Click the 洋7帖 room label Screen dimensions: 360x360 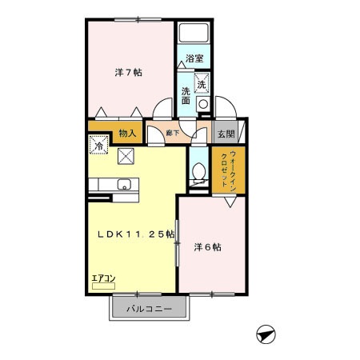click(128, 73)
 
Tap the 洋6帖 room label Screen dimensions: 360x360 click(206, 247)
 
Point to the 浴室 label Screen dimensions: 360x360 click(194, 58)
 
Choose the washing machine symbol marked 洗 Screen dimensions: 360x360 click(202, 82)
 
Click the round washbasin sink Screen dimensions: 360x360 click(202, 103)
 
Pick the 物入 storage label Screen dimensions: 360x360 click(126, 134)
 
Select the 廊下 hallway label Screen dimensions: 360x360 click(172, 134)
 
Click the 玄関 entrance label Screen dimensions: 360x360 click(226, 134)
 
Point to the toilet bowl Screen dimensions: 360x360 click(198, 170)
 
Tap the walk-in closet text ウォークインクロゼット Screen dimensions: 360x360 click(226, 168)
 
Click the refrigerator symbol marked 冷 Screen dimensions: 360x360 click(98, 146)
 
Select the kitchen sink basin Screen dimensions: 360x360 click(122, 186)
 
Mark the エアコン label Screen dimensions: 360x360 click(104, 278)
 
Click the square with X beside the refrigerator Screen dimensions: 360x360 click(126, 155)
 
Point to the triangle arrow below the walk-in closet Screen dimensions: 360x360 click(230, 204)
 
